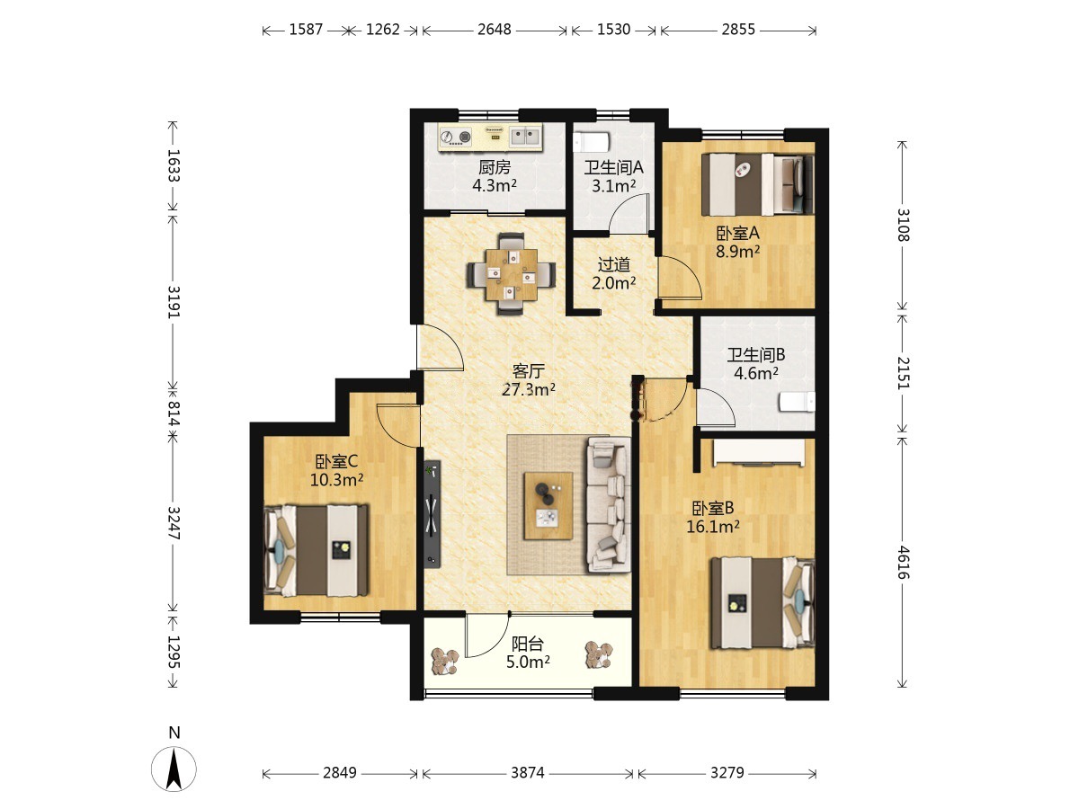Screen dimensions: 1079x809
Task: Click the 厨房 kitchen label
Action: (495, 167)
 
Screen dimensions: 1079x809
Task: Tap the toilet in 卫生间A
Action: (592, 142)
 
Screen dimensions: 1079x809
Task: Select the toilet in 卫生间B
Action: (797, 402)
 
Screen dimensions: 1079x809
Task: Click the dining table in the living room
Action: (512, 274)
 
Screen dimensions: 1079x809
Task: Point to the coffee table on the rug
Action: (548, 505)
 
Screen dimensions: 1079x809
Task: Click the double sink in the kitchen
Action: (525, 136)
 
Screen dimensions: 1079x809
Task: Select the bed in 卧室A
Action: (757, 184)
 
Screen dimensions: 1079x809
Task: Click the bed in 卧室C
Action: (317, 550)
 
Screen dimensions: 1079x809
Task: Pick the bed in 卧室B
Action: (762, 602)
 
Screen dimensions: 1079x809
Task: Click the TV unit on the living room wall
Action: (432, 514)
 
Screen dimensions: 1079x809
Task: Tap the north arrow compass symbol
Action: (174, 769)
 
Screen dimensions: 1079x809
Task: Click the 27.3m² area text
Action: (529, 389)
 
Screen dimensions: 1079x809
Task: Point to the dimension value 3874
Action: (528, 773)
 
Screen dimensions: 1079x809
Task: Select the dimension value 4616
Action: (903, 563)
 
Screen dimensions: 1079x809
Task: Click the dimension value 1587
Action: (306, 30)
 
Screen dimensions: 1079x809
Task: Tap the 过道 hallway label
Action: (614, 265)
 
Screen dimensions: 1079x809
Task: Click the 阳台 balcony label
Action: (528, 644)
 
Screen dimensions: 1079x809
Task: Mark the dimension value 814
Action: (174, 413)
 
